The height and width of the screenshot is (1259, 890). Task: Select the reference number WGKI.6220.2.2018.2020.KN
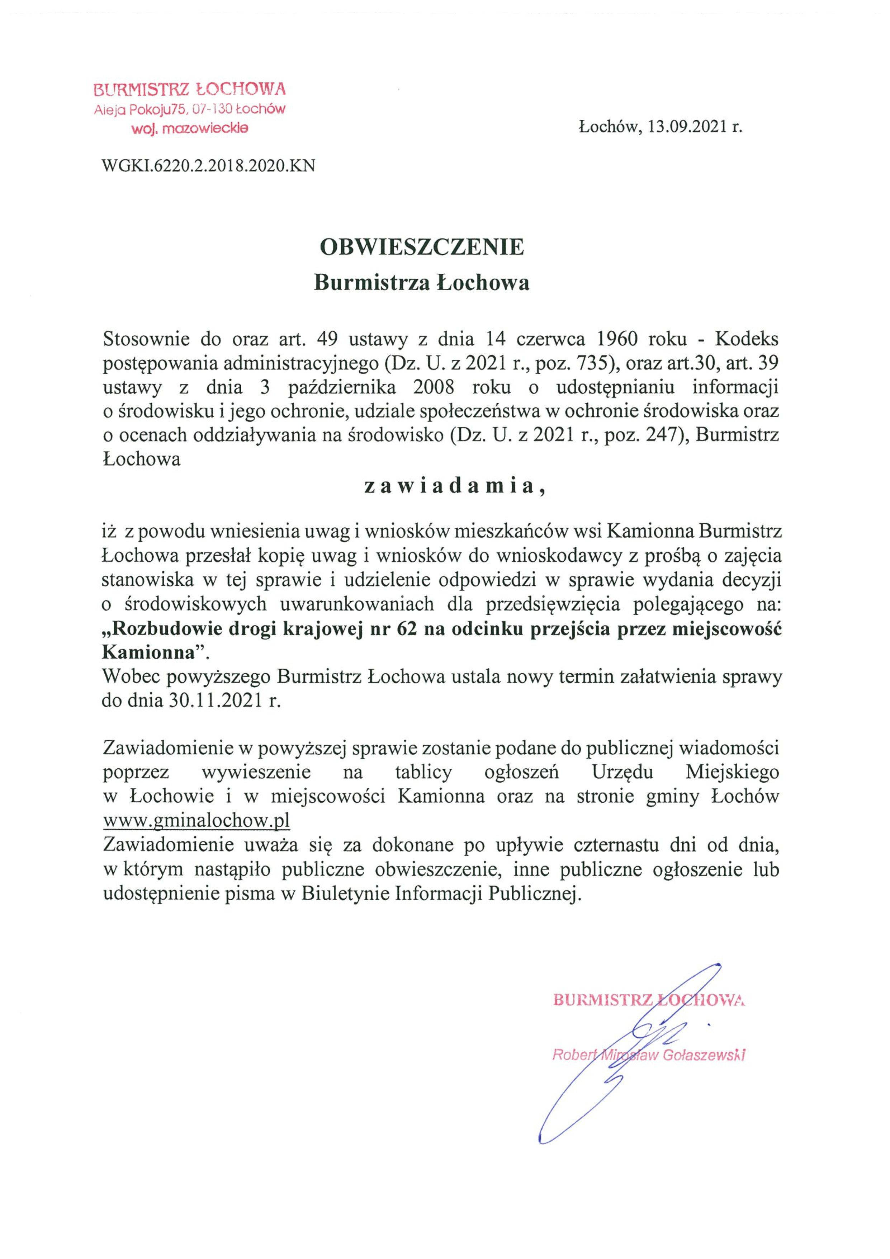pyautogui.click(x=209, y=166)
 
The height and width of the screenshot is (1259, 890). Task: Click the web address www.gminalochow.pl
pyautogui.click(x=196, y=821)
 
